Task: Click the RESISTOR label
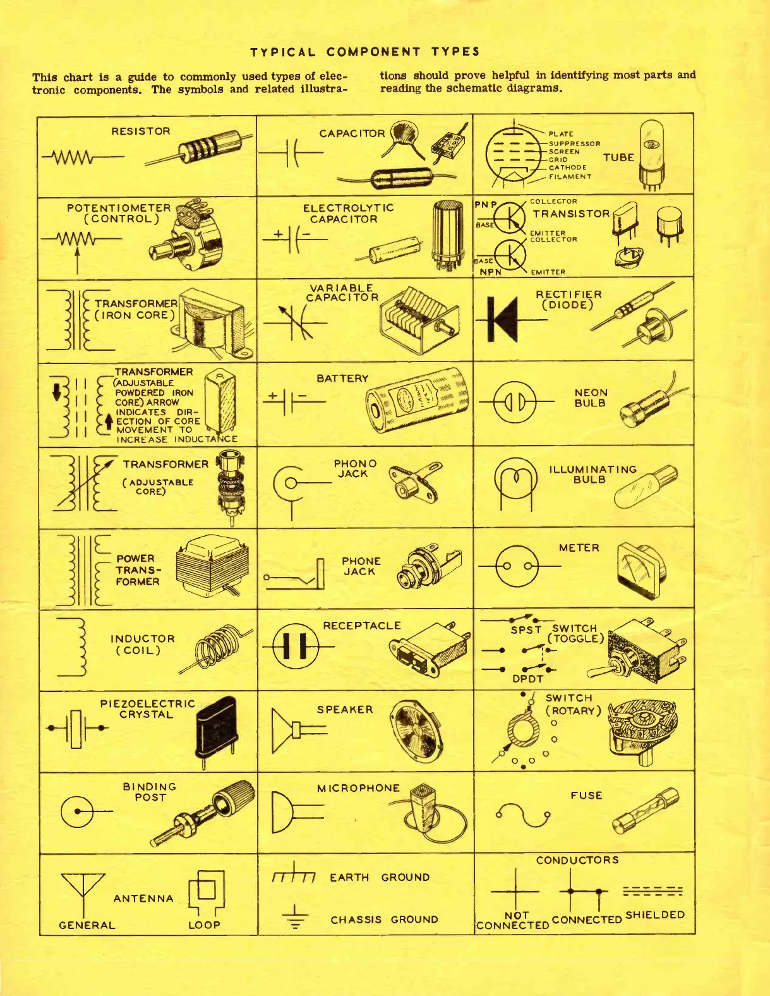140,131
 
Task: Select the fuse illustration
645,811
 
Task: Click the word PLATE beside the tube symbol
561,134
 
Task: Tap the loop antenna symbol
206,891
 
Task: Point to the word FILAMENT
570,176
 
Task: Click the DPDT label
527,679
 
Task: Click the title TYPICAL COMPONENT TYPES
365,52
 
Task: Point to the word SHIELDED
654,914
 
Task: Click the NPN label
490,272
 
